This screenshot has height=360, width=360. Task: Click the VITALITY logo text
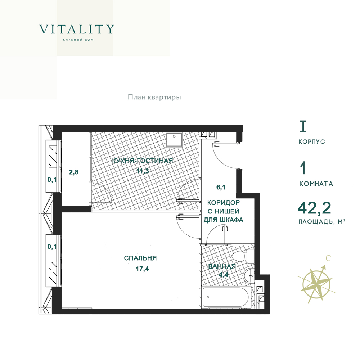(77, 29)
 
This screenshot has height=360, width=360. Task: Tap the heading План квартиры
(154, 97)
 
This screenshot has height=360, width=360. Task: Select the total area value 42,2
(314, 208)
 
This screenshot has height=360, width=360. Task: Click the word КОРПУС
(311, 141)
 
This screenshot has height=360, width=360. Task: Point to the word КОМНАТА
(316, 184)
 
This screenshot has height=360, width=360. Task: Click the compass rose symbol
(316, 282)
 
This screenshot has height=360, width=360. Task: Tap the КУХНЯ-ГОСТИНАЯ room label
(142, 161)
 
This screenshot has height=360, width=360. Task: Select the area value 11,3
(143, 171)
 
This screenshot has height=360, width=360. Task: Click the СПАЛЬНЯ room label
(140, 258)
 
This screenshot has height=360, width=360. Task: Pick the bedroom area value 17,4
(142, 269)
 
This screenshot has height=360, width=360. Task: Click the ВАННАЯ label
(222, 266)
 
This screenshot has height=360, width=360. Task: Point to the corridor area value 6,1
(221, 187)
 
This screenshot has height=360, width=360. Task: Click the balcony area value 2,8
(74, 172)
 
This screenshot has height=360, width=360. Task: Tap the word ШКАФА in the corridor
(231, 220)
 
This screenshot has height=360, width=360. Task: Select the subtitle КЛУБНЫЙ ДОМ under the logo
(78, 40)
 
